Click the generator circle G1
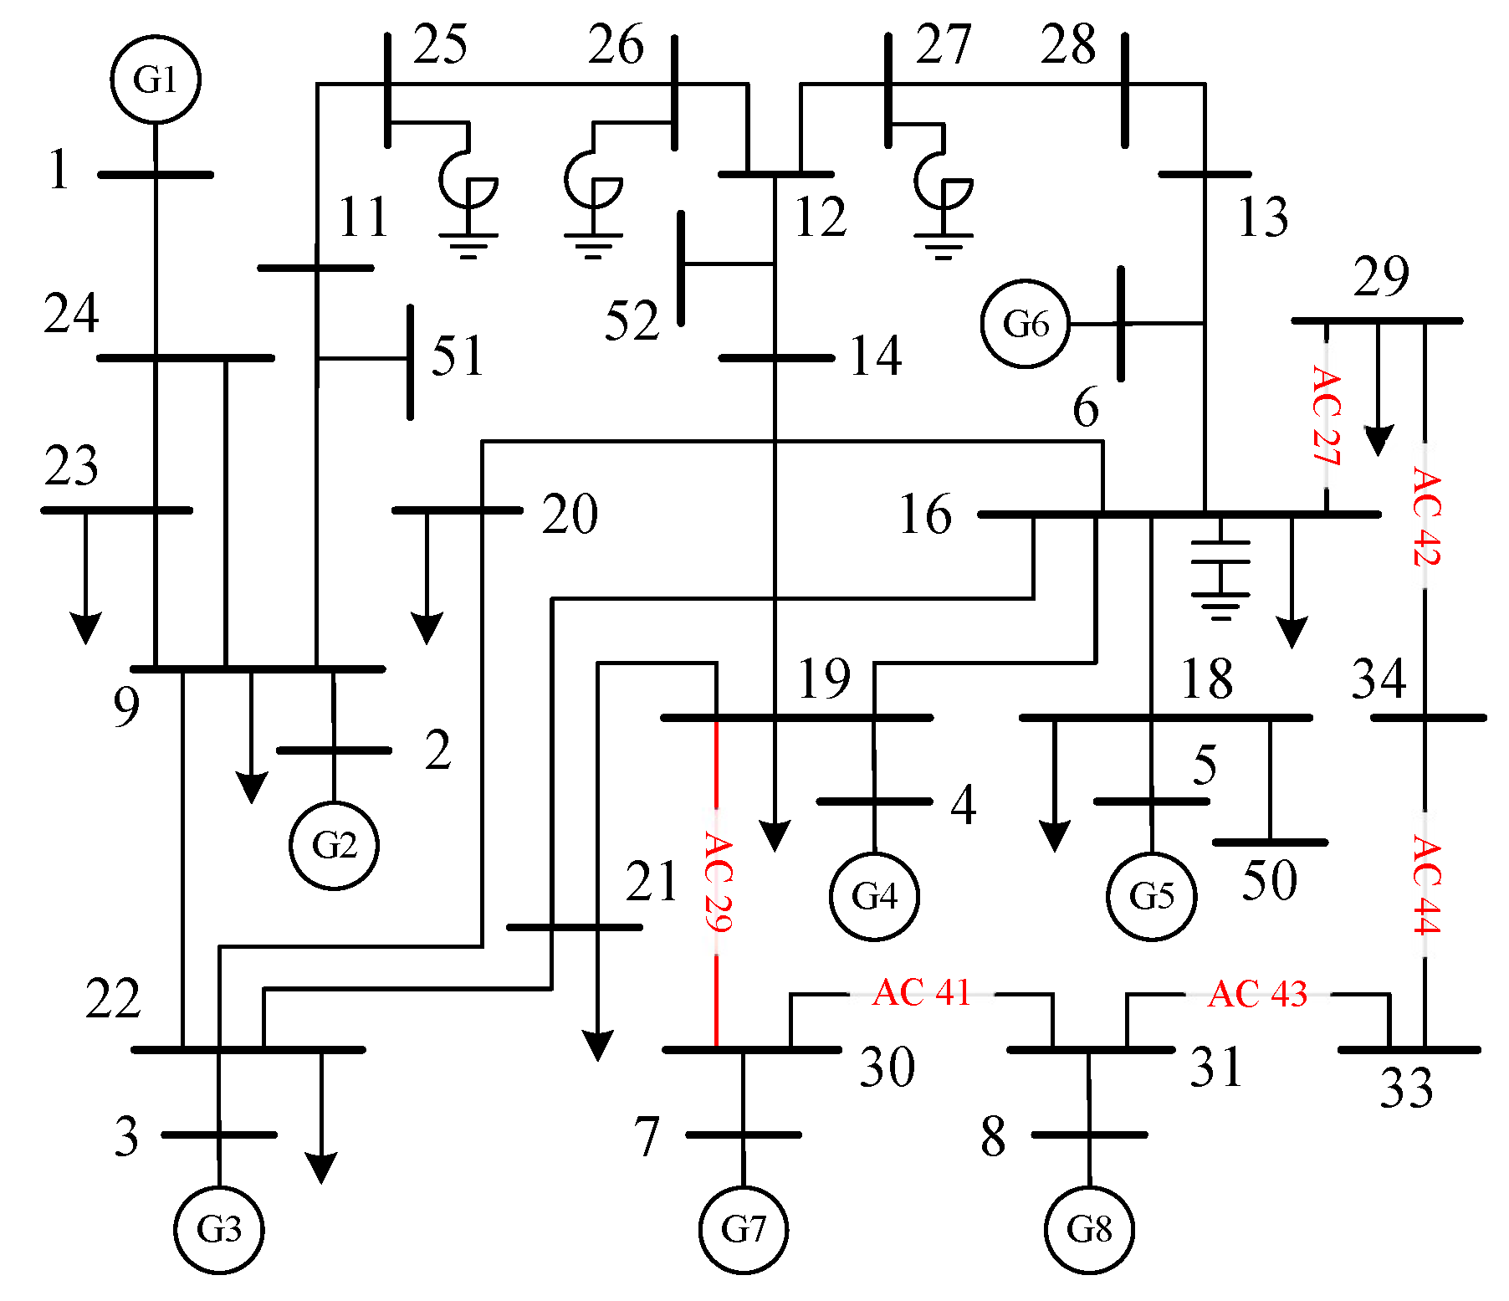[x=156, y=79]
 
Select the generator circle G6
[x=1026, y=324]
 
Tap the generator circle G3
[x=219, y=1229]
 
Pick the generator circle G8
[x=1089, y=1229]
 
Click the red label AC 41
[x=921, y=993]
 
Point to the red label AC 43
[x=1257, y=994]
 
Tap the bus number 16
[x=925, y=514]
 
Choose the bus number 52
[x=632, y=320]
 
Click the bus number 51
[x=458, y=356]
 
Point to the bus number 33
[x=1406, y=1088]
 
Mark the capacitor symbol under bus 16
[x=1221, y=569]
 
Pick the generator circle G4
[x=874, y=896]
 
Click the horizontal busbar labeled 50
[x=1270, y=843]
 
